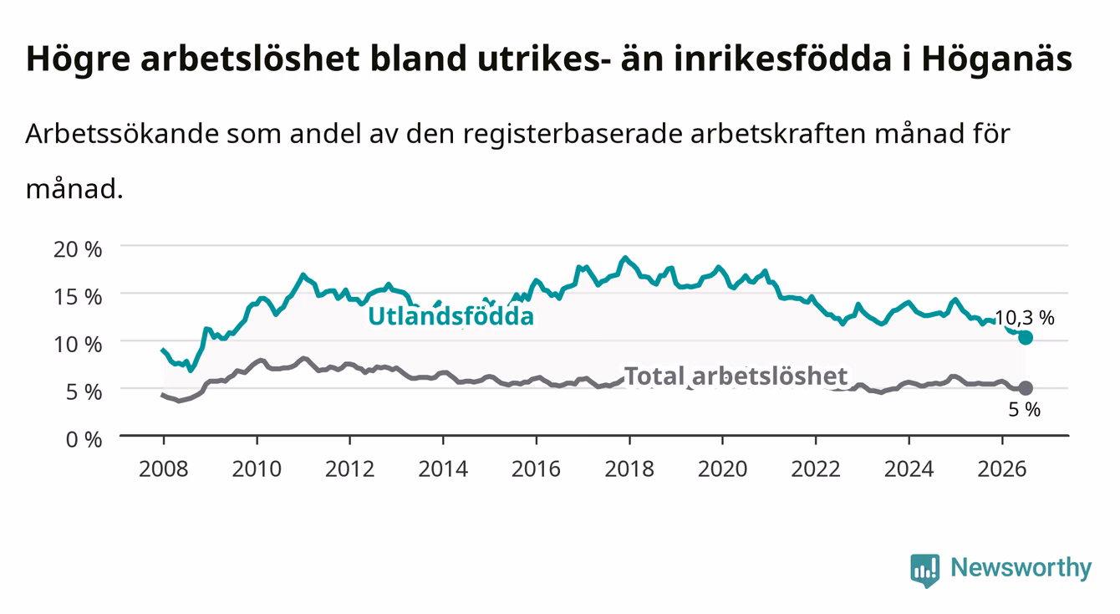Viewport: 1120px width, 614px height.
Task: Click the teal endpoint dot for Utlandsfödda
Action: click(1026, 338)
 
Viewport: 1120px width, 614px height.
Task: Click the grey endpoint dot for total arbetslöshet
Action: click(1026, 388)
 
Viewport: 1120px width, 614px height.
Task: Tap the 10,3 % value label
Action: click(1025, 318)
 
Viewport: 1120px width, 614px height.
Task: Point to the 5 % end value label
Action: click(1025, 410)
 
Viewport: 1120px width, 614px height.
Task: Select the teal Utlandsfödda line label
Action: click(451, 316)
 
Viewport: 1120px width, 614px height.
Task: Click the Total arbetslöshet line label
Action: click(736, 376)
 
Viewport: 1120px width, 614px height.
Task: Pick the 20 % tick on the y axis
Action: click(78, 249)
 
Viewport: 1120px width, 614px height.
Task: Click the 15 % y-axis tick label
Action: click(78, 297)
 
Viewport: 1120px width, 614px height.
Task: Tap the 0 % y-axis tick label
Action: click(84, 439)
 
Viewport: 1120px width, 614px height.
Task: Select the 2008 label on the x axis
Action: click(164, 469)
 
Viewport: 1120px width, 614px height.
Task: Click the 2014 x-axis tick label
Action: click(443, 469)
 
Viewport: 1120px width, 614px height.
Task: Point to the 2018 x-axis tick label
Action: click(629, 469)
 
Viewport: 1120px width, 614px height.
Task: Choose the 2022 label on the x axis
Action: click(816, 469)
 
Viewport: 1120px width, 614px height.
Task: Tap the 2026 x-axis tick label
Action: click(1002, 469)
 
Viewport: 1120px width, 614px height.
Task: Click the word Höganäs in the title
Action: click(997, 59)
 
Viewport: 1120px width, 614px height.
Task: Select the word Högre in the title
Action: click(79, 59)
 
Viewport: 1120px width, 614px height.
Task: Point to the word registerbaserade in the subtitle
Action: click(573, 134)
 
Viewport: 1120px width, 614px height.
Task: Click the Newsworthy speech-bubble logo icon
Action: click(925, 571)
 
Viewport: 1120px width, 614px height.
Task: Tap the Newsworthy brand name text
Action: click(1021, 568)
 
